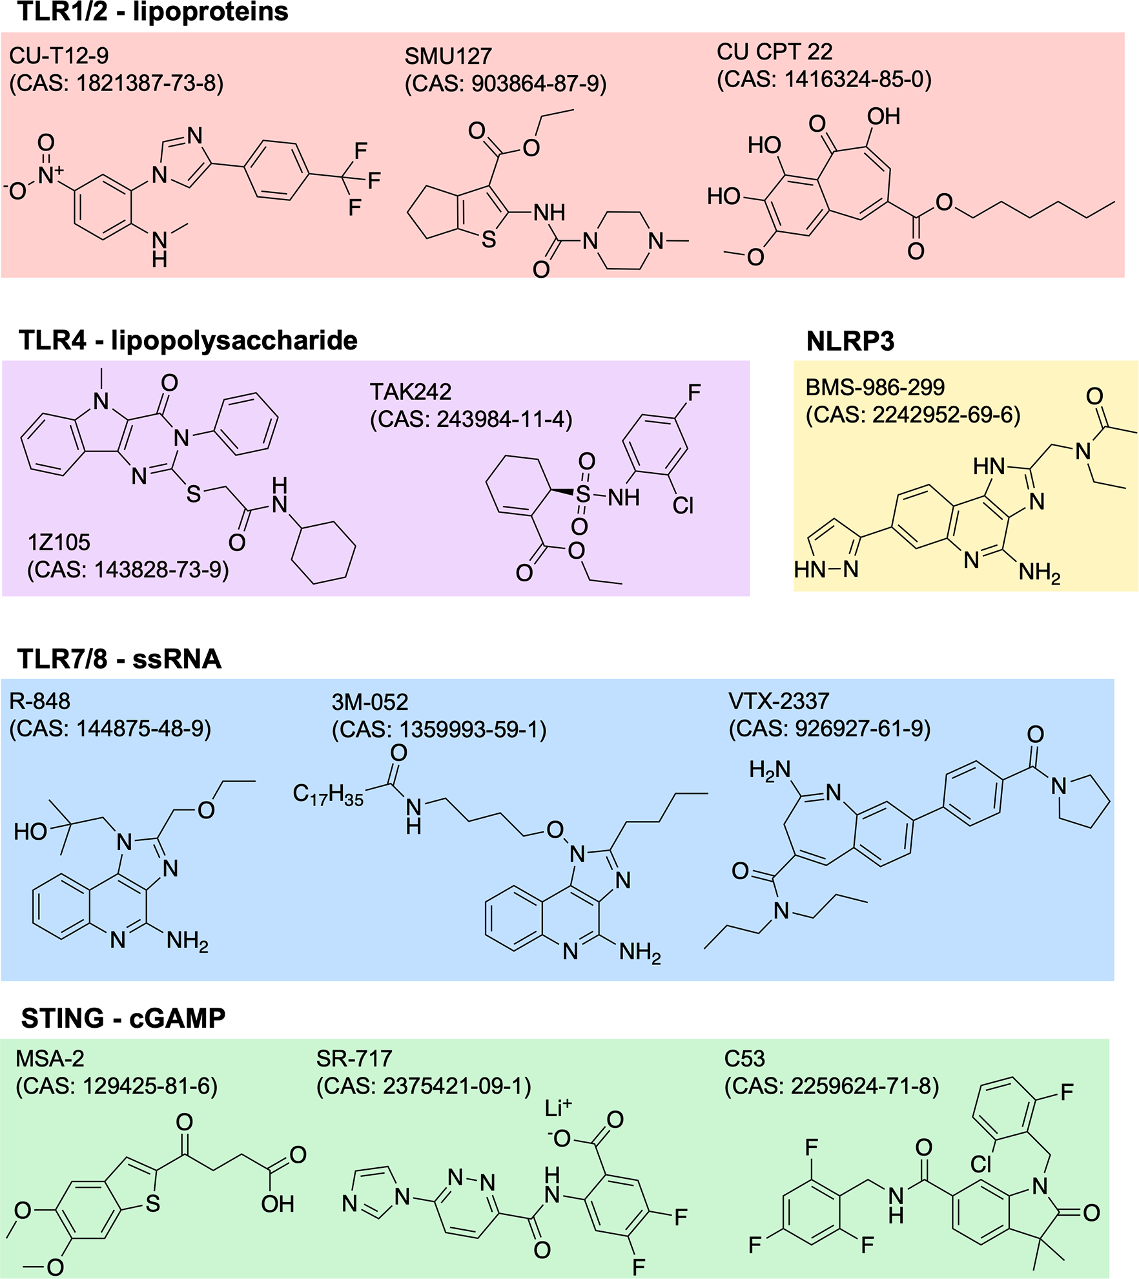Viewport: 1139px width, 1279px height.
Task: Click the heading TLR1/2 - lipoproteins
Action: pos(153,12)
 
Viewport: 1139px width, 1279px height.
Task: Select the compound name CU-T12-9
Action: pos(59,56)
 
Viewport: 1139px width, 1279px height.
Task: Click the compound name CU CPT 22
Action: pos(774,52)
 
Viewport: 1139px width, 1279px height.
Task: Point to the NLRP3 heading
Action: pos(850,341)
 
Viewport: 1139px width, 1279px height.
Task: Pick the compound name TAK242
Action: pos(410,392)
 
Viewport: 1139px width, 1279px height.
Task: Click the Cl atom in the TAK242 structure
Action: pos(682,505)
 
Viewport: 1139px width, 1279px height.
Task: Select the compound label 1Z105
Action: pos(59,543)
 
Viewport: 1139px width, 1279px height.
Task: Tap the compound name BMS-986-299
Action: pos(875,387)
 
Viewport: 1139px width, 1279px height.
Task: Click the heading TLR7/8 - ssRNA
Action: pos(119,659)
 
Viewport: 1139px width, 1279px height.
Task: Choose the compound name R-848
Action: pos(39,701)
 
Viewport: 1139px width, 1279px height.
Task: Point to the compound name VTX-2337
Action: pos(779,701)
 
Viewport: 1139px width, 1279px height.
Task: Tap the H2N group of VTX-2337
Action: pos(770,769)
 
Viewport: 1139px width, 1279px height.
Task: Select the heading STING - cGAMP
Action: pos(123,1018)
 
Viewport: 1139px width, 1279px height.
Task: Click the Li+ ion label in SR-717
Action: pos(558,1108)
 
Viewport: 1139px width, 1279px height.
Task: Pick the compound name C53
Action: pos(744,1059)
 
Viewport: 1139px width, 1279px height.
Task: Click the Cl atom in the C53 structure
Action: pos(981,1163)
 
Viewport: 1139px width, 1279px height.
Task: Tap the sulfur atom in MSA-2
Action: pos(153,1203)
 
